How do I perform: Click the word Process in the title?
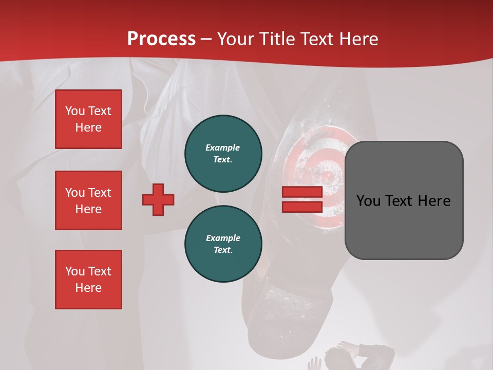[161, 39]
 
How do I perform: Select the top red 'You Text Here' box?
[88, 119]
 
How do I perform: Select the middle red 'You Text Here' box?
[88, 200]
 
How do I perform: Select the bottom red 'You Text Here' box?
[88, 280]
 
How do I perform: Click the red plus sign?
[158, 199]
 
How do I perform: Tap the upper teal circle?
[223, 154]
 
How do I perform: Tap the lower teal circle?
[223, 244]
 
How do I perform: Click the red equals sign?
[302, 199]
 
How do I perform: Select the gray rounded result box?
[404, 200]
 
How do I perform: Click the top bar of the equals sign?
[302, 192]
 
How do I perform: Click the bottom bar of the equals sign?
[302, 207]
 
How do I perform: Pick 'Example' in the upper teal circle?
[222, 147]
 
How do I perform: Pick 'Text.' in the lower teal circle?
[223, 250]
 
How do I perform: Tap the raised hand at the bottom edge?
[314, 364]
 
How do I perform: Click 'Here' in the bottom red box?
[88, 288]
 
